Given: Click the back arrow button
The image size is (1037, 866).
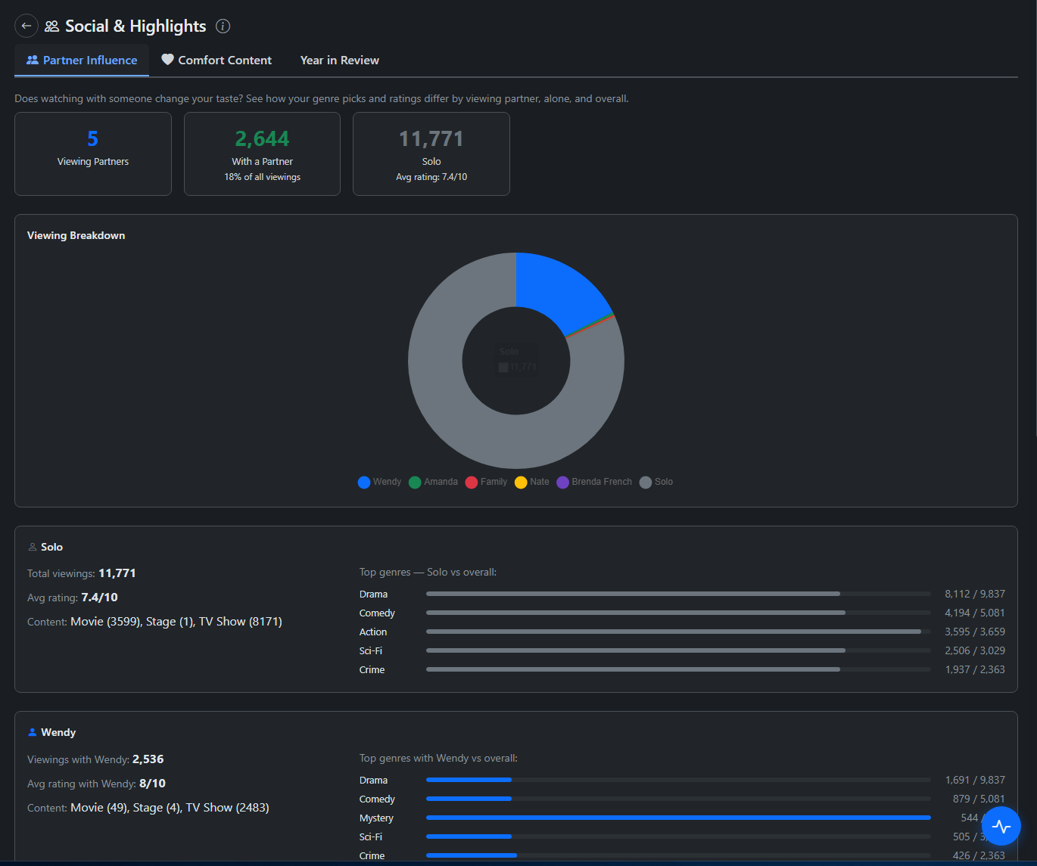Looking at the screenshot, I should coord(26,26).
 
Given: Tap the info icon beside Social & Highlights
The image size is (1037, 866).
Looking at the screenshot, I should coord(223,26).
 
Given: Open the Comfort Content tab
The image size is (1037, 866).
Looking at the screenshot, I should coord(216,61).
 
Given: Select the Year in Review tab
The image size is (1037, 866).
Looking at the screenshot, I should coord(339,61).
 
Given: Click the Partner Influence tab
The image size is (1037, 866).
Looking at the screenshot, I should coord(82,61).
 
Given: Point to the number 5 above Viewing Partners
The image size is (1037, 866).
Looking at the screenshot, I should coord(92,139).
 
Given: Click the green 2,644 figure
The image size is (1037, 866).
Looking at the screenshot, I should coord(262,139).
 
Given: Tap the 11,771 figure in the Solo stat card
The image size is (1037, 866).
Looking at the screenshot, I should coord(431,139).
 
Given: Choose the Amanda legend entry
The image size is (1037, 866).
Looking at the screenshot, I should coord(434,482).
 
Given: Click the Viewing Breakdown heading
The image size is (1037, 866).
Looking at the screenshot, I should coord(76,235).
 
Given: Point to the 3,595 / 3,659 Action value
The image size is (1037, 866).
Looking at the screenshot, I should coord(975,632).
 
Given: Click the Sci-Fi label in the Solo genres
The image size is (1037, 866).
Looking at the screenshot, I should coord(371,650).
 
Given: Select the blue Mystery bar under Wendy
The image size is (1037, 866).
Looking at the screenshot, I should coord(677,818).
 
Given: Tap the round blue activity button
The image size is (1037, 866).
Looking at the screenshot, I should coord(1001,826).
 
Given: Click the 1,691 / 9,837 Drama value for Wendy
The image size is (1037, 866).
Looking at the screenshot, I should coord(975,780).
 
